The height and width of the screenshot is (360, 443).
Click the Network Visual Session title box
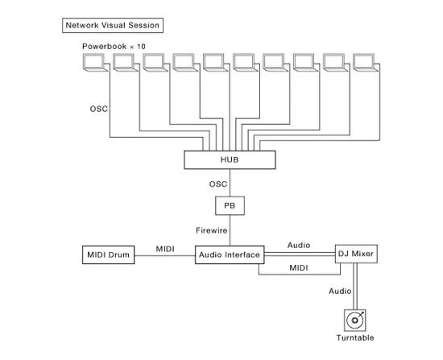(113, 25)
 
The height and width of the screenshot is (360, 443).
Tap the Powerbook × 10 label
(114, 47)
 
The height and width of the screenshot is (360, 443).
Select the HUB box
(230, 160)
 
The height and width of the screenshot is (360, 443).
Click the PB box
(230, 207)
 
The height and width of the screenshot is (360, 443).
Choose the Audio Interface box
(230, 254)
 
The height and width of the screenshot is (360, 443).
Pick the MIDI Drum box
(109, 255)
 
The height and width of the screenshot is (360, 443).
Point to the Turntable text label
(355, 338)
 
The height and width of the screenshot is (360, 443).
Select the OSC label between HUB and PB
(218, 184)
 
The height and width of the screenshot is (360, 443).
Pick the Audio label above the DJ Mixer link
(299, 245)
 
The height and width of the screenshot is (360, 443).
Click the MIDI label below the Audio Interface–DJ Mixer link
(299, 267)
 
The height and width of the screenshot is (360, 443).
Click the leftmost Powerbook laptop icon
(96, 63)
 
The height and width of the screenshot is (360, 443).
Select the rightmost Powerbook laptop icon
(363, 63)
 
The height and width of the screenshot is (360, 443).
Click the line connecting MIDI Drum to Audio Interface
(165, 256)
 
